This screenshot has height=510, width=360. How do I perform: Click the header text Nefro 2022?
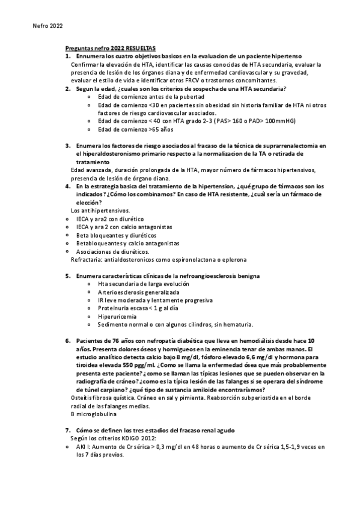(46, 26)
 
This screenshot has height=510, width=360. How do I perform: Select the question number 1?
(67, 56)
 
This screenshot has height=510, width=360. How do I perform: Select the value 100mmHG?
(278, 120)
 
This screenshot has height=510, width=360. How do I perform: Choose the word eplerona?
(233, 259)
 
